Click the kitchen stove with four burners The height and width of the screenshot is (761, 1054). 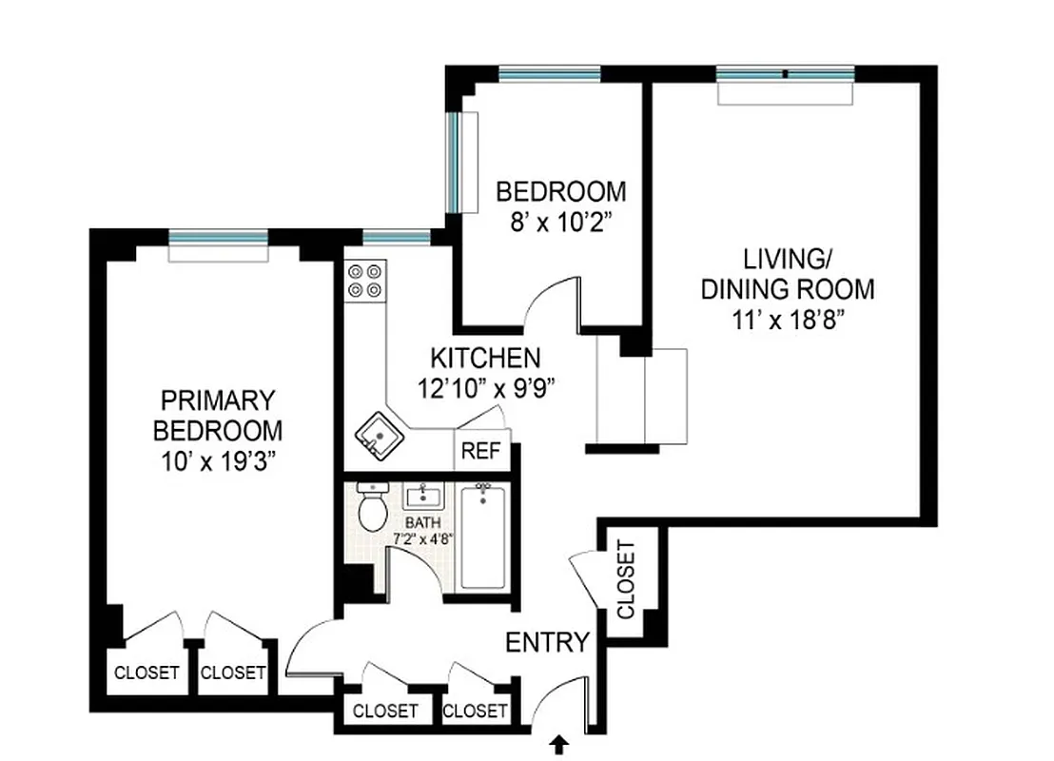click(365, 280)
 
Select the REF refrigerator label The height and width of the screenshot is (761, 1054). click(480, 452)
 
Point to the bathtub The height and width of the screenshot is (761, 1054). click(485, 537)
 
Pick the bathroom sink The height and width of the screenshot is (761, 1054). click(421, 496)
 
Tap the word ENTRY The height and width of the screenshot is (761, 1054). click(547, 643)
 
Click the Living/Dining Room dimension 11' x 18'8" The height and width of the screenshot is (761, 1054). click(787, 320)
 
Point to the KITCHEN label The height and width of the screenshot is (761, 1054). click(485, 359)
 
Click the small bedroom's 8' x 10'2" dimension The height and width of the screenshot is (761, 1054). click(561, 223)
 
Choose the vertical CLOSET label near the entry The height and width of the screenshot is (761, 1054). click(625, 579)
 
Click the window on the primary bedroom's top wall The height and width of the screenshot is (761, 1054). click(218, 238)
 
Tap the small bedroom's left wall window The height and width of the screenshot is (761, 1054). click(455, 162)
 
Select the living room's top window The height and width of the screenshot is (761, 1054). click(785, 74)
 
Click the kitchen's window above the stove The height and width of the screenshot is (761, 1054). click(396, 238)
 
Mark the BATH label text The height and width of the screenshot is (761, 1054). click(423, 523)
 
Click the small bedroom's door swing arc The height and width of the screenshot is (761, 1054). click(550, 290)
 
